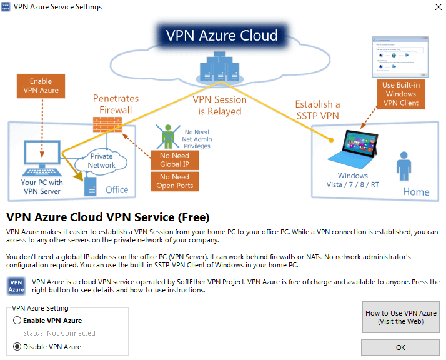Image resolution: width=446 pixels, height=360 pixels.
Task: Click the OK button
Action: pyautogui.click(x=400, y=347)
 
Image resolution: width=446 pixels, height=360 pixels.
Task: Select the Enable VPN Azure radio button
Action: pyautogui.click(x=17, y=321)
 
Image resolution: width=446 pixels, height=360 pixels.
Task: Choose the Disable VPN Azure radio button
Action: pyautogui.click(x=17, y=347)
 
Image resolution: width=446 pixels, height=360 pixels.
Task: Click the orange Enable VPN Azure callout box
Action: pyautogui.click(x=41, y=86)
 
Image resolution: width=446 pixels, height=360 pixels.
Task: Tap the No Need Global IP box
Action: pyautogui.click(x=174, y=160)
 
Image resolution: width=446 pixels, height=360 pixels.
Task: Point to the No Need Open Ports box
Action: pyautogui.click(x=174, y=181)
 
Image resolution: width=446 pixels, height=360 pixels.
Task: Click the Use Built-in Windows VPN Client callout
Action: pyautogui.click(x=400, y=94)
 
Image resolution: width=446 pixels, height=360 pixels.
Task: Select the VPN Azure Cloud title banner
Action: pyautogui.click(x=222, y=35)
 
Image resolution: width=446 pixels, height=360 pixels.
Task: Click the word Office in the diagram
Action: pyautogui.click(x=117, y=189)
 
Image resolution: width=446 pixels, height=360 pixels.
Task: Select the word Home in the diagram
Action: pyautogui.click(x=415, y=192)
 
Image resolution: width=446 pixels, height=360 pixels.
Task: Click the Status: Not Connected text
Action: pyautogui.click(x=59, y=333)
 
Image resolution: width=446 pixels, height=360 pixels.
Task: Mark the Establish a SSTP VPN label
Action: pyautogui.click(x=317, y=109)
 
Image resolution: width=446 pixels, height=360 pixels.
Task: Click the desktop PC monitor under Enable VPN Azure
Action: pyautogui.click(x=41, y=154)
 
